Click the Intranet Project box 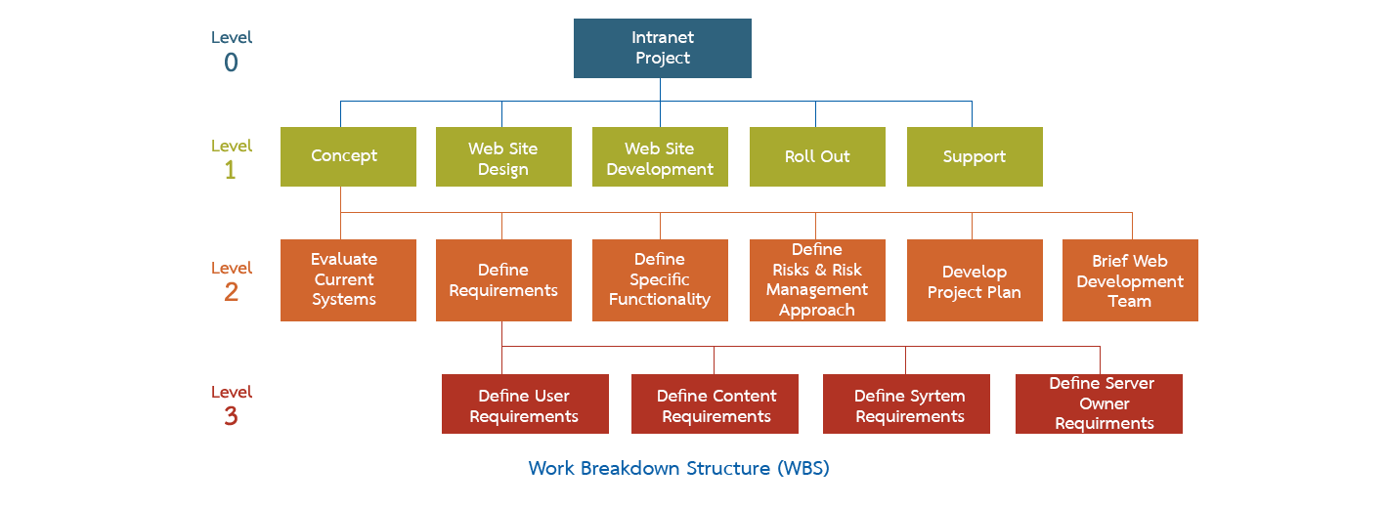tap(662, 48)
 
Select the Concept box tap(348, 156)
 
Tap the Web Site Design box tap(503, 156)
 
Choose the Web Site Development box tap(660, 156)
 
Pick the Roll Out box tap(817, 156)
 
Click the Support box tap(975, 156)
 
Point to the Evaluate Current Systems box tap(348, 279)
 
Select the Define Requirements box tap(503, 279)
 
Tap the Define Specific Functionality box tap(660, 279)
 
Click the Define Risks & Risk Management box tap(817, 279)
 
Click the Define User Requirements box tap(525, 403)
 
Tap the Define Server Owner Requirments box tap(1099, 403)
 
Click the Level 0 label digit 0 tap(231, 63)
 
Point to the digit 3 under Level tap(231, 417)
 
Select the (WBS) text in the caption tap(802, 469)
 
